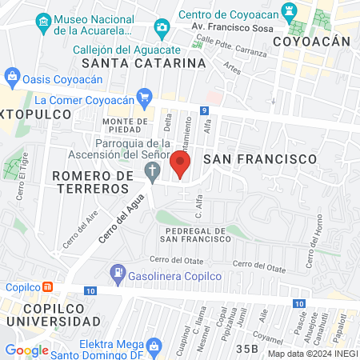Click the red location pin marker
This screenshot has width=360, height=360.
coord(180,165)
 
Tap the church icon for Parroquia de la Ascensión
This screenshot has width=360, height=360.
coord(152,170)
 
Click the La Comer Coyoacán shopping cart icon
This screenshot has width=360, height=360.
coord(144,99)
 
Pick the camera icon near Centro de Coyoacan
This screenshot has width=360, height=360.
coord(162,29)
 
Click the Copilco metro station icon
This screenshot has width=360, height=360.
coord(48,287)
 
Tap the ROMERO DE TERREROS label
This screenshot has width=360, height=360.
coord(90,181)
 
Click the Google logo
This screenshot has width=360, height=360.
coord(26,350)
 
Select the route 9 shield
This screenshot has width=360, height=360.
coord(205,110)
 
